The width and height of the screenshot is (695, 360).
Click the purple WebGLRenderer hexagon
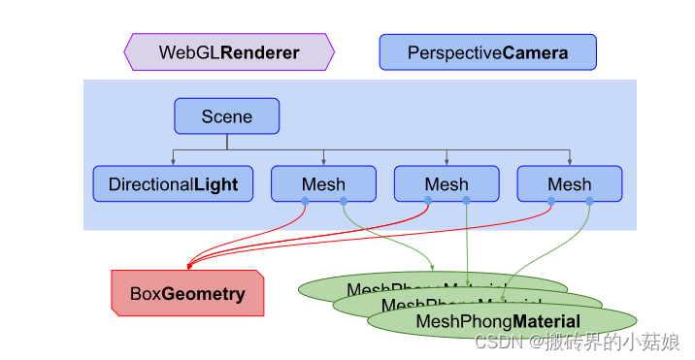click(229, 51)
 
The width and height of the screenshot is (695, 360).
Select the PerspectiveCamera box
click(487, 51)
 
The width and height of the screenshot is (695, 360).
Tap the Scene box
click(226, 116)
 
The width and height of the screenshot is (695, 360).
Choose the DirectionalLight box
click(173, 184)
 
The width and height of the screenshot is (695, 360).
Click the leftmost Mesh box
click(323, 184)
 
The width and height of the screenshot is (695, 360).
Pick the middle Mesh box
click(447, 184)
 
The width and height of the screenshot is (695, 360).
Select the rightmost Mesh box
click(569, 184)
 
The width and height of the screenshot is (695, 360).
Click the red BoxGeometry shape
click(187, 293)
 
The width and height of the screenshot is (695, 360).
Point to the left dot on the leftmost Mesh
click(305, 202)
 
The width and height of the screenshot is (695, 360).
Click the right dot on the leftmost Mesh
click(343, 202)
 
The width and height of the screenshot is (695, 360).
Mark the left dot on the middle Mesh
click(428, 202)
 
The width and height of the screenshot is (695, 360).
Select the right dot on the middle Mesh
click(466, 202)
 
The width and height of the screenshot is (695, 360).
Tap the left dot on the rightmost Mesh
click(551, 202)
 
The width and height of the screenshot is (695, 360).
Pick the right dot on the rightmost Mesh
click(588, 202)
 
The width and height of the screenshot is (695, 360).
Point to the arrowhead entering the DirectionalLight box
click(173, 162)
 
